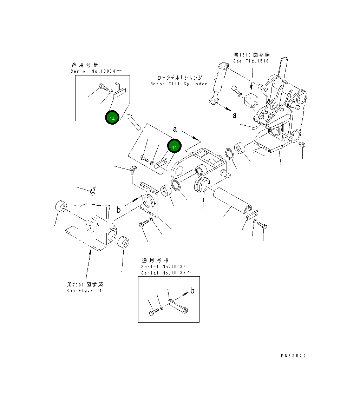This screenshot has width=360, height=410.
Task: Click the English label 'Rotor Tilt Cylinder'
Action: (x=179, y=84)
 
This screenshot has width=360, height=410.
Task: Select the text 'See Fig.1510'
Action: (x=251, y=61)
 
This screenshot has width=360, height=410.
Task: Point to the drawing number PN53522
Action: (x=293, y=356)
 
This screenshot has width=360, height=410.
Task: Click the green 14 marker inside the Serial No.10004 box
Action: (x=112, y=118)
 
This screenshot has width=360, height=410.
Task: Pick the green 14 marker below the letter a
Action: (x=174, y=147)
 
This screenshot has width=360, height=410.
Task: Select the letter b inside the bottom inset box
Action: (x=192, y=290)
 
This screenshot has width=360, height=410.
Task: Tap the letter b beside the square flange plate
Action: (x=119, y=210)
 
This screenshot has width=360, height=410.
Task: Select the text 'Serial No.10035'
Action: (x=160, y=267)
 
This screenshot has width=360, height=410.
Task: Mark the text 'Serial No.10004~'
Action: (x=96, y=71)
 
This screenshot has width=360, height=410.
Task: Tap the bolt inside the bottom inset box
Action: (x=153, y=311)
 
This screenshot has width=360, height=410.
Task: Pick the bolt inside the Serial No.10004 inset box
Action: (x=103, y=87)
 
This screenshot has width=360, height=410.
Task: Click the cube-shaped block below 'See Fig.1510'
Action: (x=251, y=100)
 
